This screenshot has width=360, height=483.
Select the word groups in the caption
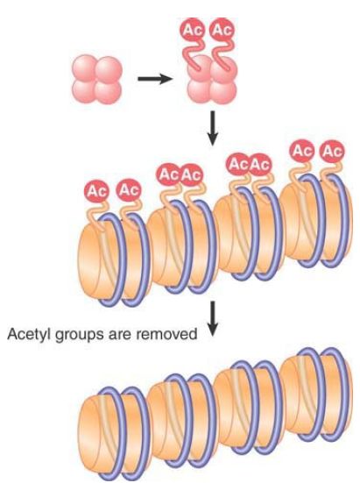tap(80, 335)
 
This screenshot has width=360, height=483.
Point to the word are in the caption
tap(120, 335)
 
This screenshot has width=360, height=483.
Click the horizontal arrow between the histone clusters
tap(155, 79)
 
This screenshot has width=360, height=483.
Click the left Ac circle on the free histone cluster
tap(194, 30)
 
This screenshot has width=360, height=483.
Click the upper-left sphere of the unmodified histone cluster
tap(85, 68)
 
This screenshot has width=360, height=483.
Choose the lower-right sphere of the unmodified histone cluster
tap(108, 91)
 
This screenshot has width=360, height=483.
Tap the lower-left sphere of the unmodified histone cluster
tap(84, 91)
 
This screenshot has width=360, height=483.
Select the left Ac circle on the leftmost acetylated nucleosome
tap(96, 192)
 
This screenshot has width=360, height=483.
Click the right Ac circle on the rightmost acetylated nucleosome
tap(332, 152)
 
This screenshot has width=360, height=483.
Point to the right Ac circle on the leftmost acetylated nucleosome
tap(128, 190)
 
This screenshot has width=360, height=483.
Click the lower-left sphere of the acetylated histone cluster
tap(200, 91)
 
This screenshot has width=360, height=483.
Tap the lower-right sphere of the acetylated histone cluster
tap(223, 91)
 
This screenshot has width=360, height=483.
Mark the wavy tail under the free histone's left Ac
tap(193, 53)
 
